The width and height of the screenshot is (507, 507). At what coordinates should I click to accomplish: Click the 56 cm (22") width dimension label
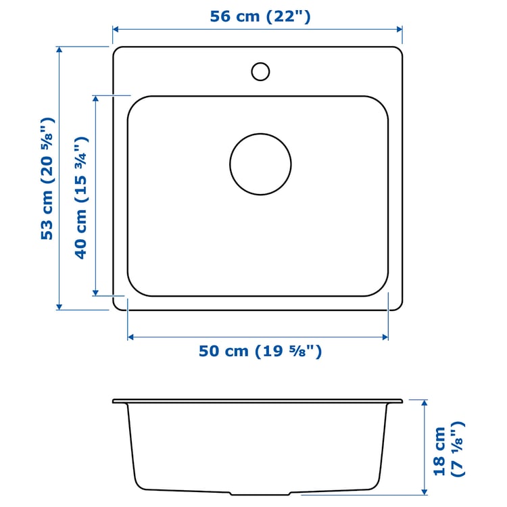click(260, 16)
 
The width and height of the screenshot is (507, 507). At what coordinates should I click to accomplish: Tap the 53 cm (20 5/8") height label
click(47, 178)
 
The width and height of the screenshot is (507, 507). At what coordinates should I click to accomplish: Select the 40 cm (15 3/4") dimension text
click(81, 197)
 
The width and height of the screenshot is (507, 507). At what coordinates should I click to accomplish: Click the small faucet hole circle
click(260, 71)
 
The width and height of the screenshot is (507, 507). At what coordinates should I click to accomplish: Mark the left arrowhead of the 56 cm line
click(116, 30)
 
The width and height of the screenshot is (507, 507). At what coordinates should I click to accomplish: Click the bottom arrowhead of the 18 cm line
click(424, 492)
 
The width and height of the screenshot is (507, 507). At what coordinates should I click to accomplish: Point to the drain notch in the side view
click(260, 491)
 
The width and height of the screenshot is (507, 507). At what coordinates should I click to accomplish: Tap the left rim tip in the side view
click(114, 402)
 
